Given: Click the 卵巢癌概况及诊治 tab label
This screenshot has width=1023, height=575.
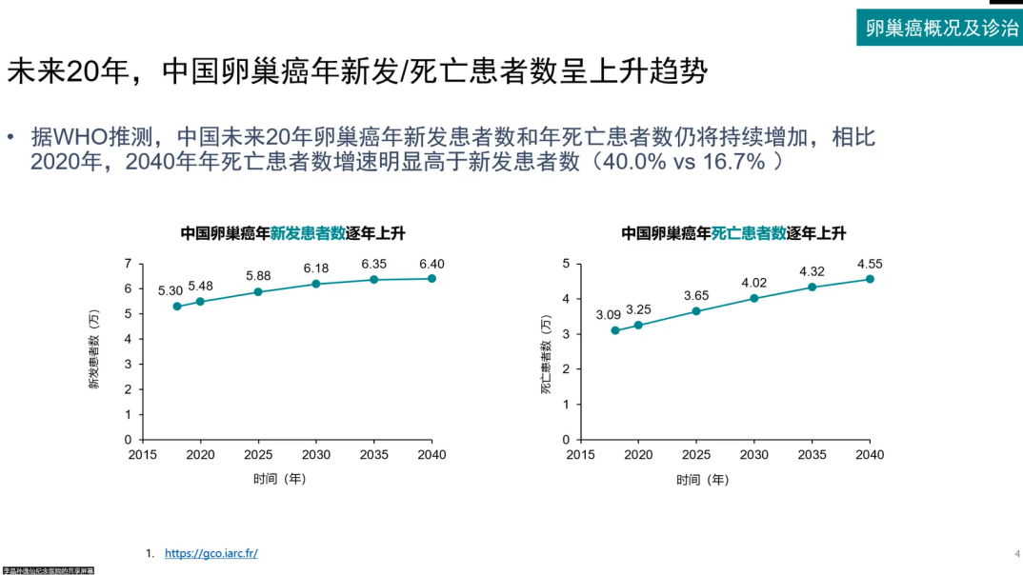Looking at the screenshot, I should pos(941,28).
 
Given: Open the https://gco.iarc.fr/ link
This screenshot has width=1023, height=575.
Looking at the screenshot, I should pos(211,553).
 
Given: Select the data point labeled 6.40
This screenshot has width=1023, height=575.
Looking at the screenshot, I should pos(431,278).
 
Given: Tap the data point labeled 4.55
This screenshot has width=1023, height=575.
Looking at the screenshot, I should pos(870,279).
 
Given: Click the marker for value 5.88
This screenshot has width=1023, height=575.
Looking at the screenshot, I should pos(258,291).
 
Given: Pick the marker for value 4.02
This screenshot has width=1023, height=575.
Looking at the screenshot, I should pos(754,298).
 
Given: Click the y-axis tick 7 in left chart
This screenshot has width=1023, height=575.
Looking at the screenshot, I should pos(128,264).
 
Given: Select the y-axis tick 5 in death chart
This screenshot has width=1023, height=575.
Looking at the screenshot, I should pos(566,264).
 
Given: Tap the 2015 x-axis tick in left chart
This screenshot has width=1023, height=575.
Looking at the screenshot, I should pos(142,455).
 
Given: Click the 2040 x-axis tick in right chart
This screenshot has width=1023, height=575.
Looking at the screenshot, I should pos(870,455).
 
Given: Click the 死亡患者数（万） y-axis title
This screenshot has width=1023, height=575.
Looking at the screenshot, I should pos(547,353).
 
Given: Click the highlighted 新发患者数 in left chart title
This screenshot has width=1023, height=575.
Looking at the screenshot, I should pos(308,233).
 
